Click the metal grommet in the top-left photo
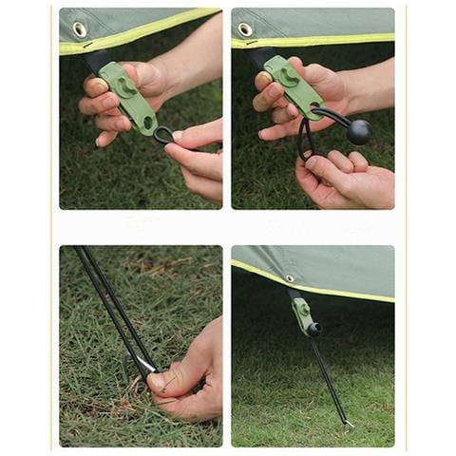(x=80, y=29)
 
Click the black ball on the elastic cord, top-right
(x=358, y=132)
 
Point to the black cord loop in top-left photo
(x=163, y=135)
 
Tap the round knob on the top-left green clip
(x=124, y=86)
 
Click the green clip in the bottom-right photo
(x=301, y=316)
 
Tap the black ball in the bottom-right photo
(x=313, y=330)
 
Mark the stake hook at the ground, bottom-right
(x=348, y=424)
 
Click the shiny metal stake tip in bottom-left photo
(x=144, y=365)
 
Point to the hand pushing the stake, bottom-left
(x=190, y=375)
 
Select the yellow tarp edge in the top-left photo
(x=142, y=32)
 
